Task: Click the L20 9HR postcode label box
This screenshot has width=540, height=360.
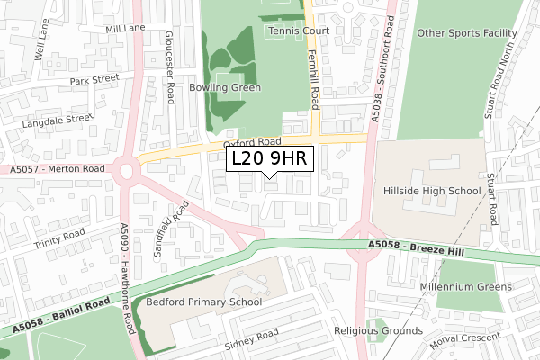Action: click(x=269, y=159)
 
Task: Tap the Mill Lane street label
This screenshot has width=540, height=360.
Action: click(x=124, y=29)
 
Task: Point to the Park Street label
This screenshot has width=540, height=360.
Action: click(x=94, y=79)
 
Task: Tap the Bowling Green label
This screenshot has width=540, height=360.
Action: click(x=225, y=88)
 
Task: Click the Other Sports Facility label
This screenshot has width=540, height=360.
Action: click(x=466, y=34)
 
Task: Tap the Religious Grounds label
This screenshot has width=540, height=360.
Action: click(x=378, y=331)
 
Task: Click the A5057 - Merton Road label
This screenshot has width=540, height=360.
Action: click(x=59, y=169)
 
